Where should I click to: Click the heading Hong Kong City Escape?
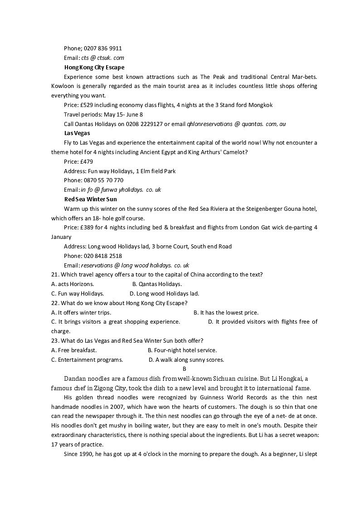[x=94, y=67]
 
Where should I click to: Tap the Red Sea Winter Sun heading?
[x=90, y=199]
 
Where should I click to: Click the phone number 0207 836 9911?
[x=102, y=48]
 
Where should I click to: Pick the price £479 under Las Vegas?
[x=86, y=161]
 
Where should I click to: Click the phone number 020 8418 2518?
[x=102, y=256]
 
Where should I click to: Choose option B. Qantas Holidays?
[x=157, y=284]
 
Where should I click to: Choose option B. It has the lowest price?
[x=226, y=312]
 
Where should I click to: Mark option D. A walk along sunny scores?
[x=186, y=360]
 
